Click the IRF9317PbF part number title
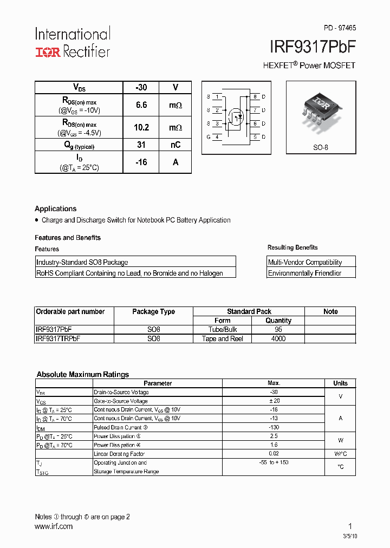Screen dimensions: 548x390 (312, 47)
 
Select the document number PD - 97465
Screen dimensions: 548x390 (340, 28)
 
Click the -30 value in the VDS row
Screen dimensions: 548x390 (141, 87)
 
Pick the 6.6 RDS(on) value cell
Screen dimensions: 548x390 (141, 105)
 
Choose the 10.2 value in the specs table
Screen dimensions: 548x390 (141, 128)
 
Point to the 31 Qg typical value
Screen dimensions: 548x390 (141, 145)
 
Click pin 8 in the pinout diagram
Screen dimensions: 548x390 (255, 97)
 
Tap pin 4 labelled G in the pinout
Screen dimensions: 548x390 (217, 137)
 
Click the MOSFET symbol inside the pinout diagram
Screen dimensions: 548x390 (236, 116)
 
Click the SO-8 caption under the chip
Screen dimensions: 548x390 (321, 147)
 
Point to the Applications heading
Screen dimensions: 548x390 (55, 208)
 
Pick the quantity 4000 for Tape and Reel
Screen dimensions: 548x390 (278, 338)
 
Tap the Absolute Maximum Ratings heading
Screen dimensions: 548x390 (82, 374)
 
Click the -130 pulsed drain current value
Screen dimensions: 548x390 (274, 427)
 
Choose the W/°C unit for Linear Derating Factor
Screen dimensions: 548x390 (340, 454)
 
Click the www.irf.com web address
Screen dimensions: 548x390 (54, 526)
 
